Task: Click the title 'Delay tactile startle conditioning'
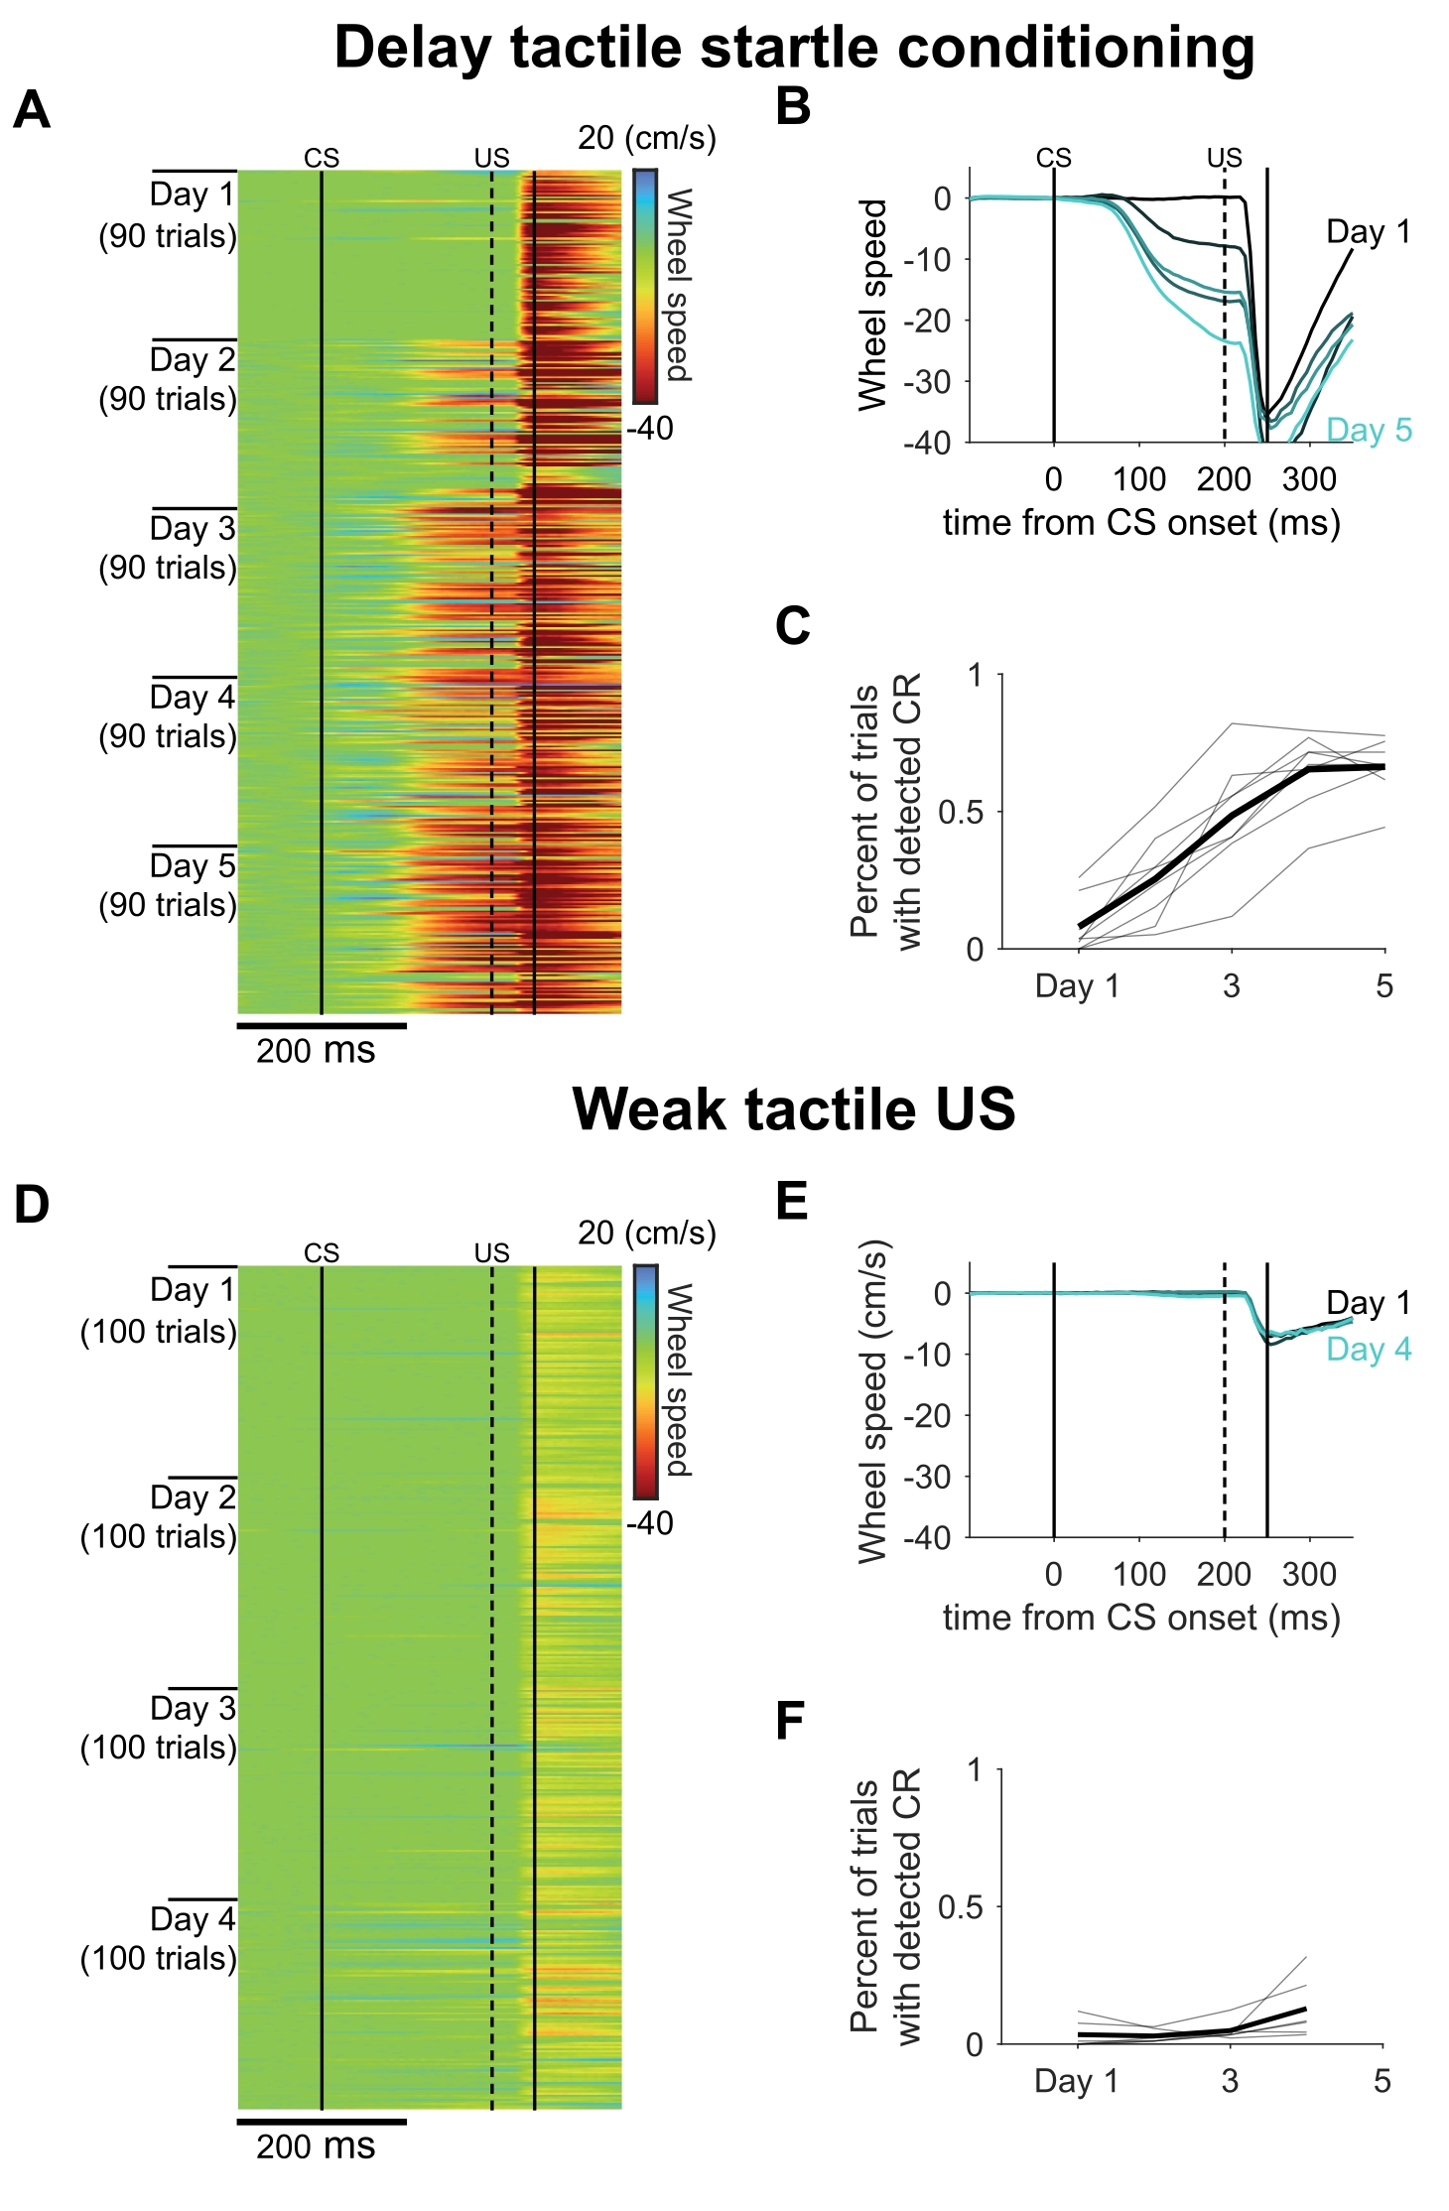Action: [x=794, y=48]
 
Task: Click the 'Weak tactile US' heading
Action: [x=794, y=1108]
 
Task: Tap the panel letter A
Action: [x=32, y=110]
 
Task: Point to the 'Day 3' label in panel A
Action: [x=193, y=529]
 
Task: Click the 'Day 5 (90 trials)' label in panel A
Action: [x=169, y=885]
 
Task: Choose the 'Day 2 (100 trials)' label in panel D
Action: [x=160, y=1516]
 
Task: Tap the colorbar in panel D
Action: [x=645, y=1381]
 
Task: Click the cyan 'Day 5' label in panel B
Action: [x=1369, y=431]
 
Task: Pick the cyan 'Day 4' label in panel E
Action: [x=1369, y=1350]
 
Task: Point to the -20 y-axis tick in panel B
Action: [x=927, y=321]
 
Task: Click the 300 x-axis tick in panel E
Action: [x=1309, y=1574]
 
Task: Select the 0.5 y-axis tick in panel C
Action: [x=961, y=813]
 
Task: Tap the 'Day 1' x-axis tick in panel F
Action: [x=1077, y=2081]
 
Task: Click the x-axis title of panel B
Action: [x=1141, y=523]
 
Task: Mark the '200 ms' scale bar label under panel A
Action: [x=316, y=1051]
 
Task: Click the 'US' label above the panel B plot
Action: [x=1224, y=158]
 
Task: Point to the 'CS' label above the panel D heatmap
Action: [x=322, y=1253]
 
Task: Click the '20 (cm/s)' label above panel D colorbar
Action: [x=647, y=1233]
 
